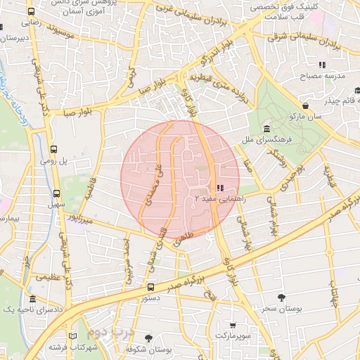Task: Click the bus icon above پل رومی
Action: (x=55, y=149)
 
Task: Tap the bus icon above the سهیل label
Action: (x=56, y=193)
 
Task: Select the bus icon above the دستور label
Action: (x=150, y=288)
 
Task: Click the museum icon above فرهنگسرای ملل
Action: (x=268, y=129)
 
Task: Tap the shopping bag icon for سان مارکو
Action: (x=304, y=105)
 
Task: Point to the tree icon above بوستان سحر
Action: (x=282, y=297)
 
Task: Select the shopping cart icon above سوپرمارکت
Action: (x=233, y=326)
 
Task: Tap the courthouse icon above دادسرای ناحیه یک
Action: (x=32, y=298)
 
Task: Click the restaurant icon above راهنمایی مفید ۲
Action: (x=219, y=188)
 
